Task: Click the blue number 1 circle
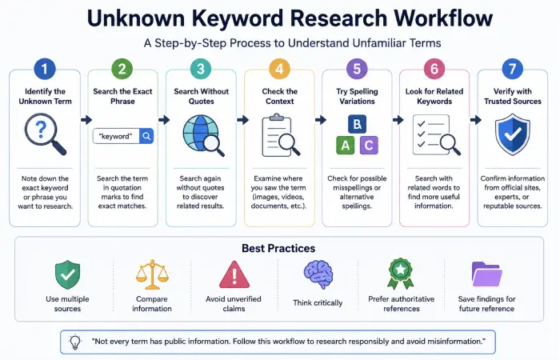click(45, 69)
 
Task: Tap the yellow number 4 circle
click(279, 69)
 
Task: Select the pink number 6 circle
click(434, 69)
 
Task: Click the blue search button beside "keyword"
click(146, 136)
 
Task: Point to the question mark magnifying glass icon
click(45, 134)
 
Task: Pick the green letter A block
click(346, 146)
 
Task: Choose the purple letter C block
click(369, 146)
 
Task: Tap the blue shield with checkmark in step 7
click(513, 134)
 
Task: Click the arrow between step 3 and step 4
click(242, 120)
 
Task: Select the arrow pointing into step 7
click(476, 120)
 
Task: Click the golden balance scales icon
click(152, 274)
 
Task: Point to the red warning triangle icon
click(234, 274)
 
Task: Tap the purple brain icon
click(318, 274)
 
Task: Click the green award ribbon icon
click(401, 274)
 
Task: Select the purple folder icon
click(486, 274)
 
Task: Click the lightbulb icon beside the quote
click(75, 342)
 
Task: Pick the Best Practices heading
click(278, 248)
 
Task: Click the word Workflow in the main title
click(443, 18)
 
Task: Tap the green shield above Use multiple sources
click(67, 274)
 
